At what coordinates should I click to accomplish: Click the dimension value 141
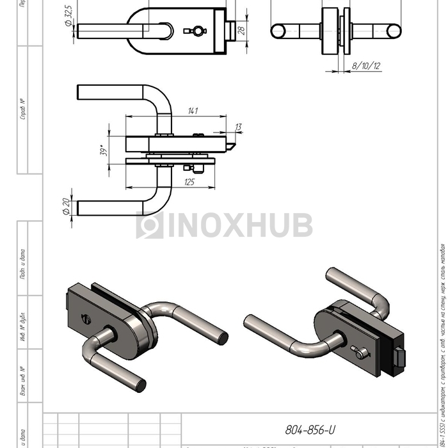(x=192, y=111)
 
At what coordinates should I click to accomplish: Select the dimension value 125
(x=189, y=182)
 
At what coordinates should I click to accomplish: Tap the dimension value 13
(x=238, y=127)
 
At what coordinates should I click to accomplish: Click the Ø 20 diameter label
(x=66, y=207)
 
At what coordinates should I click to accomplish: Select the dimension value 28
(x=242, y=30)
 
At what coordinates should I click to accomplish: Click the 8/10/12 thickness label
(x=366, y=66)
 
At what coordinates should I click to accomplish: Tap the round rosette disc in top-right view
(x=332, y=31)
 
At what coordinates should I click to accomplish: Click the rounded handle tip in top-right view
(x=393, y=30)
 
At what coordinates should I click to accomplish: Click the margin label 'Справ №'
(x=23, y=109)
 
